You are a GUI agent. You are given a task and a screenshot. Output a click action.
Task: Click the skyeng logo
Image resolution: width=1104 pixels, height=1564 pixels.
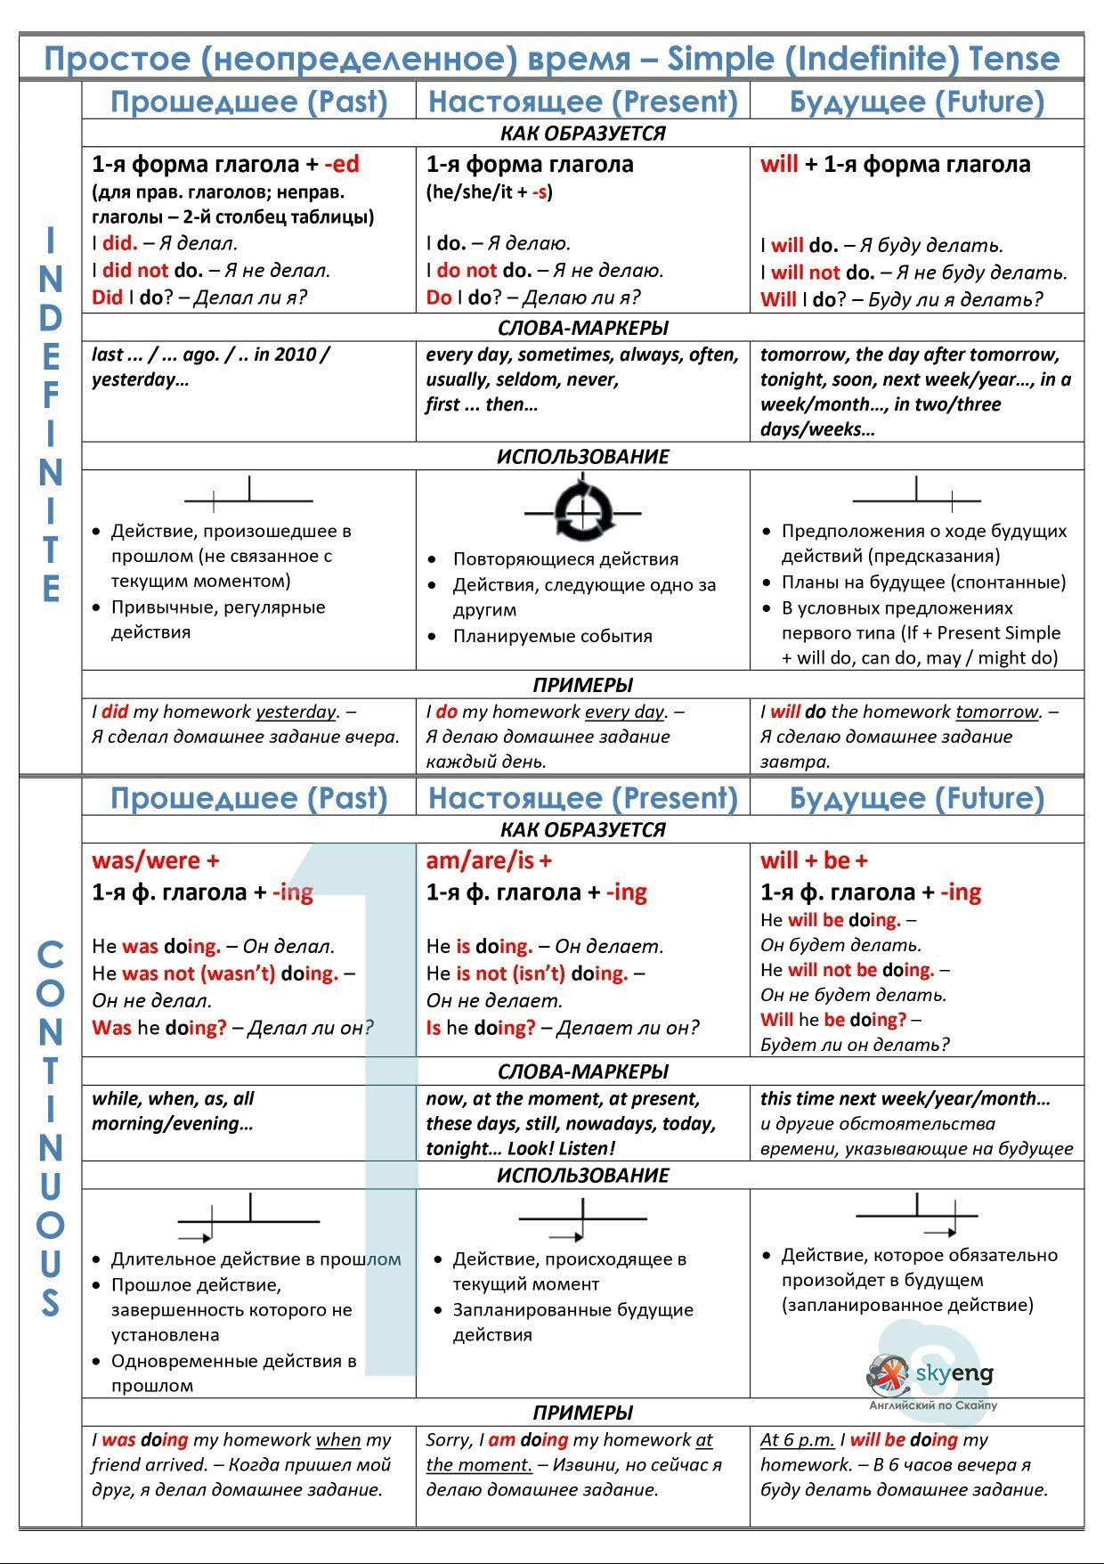pyautogui.click(x=929, y=1376)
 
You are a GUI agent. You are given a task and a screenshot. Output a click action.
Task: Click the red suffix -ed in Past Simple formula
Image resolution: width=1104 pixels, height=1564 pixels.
pyautogui.click(x=342, y=164)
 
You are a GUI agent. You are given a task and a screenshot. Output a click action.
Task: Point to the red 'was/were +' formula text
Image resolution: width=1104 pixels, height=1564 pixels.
pyautogui.click(x=155, y=860)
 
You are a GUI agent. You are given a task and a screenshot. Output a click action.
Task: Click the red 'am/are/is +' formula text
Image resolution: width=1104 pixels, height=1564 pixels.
pyautogui.click(x=489, y=860)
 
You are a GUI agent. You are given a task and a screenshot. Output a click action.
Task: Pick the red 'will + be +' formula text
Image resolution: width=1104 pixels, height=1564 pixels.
pyautogui.click(x=814, y=860)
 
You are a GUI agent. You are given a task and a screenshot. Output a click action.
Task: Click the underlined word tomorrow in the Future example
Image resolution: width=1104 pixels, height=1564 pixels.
pyautogui.click(x=997, y=712)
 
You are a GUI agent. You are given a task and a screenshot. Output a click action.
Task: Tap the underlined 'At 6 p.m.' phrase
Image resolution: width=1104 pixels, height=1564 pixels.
pyautogui.click(x=798, y=1440)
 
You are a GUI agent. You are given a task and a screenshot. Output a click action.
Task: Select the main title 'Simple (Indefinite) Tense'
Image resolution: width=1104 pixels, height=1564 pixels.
pyautogui.click(x=864, y=59)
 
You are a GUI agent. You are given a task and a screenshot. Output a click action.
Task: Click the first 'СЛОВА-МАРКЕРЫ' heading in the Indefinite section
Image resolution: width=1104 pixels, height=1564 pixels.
pyautogui.click(x=583, y=328)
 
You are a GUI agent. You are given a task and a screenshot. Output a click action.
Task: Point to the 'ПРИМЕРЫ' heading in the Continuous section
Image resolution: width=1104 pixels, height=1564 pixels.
pyautogui.click(x=583, y=1413)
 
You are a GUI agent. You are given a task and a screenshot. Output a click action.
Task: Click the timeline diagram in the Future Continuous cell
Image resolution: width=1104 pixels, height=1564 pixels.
pyautogui.click(x=917, y=1217)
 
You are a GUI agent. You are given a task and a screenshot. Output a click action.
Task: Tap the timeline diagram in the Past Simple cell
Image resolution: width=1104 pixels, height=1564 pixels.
pyautogui.click(x=248, y=495)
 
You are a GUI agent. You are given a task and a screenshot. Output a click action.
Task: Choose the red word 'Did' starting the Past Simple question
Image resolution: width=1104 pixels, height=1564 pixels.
pyautogui.click(x=107, y=297)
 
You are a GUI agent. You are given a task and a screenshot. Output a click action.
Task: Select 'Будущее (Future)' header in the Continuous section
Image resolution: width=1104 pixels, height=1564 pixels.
pyautogui.click(x=917, y=798)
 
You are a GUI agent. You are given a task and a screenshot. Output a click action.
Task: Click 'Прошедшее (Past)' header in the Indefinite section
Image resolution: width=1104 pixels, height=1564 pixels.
pyautogui.click(x=248, y=102)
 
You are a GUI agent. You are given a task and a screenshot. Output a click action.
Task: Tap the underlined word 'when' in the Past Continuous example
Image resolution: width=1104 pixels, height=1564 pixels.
pyautogui.click(x=338, y=1440)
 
